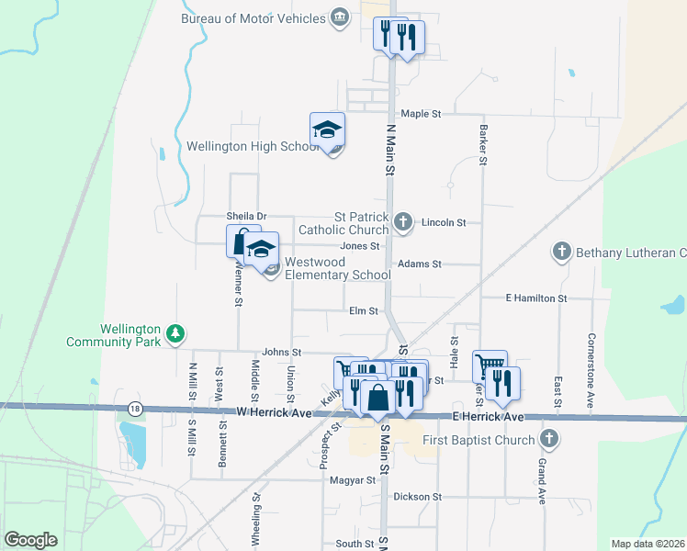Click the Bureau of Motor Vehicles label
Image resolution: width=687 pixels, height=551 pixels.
(253, 18)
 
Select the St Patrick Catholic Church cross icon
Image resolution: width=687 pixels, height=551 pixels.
(402, 221)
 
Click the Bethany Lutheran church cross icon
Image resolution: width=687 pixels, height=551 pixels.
(561, 251)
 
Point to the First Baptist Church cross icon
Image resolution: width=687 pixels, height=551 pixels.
(549, 439)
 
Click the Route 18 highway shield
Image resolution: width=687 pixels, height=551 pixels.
(136, 408)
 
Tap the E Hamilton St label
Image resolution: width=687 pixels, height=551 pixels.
(536, 298)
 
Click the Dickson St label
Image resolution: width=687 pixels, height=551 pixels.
(418, 497)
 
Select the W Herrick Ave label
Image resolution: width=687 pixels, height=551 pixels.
(275, 414)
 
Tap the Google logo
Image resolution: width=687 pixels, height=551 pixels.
(30, 540)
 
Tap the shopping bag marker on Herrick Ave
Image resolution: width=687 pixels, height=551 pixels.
(377, 399)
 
